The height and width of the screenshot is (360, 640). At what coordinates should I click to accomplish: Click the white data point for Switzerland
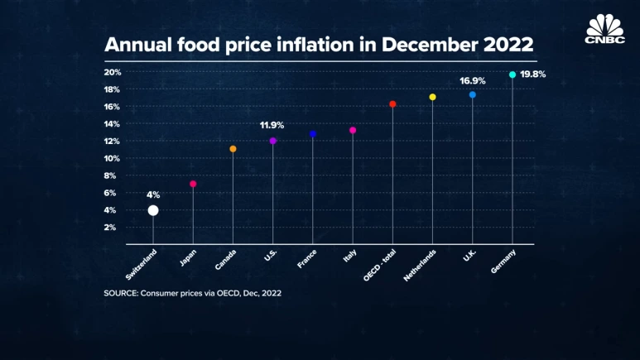tap(153, 210)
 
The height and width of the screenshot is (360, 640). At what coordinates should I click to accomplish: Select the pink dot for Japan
tap(193, 184)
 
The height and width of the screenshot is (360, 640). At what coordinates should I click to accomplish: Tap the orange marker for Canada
tap(233, 149)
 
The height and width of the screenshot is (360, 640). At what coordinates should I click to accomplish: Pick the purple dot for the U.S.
tap(273, 141)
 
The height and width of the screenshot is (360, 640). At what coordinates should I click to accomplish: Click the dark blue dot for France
tap(313, 133)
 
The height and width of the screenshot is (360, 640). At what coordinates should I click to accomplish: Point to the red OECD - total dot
tap(392, 104)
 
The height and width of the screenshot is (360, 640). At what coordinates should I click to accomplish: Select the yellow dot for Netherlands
tap(432, 97)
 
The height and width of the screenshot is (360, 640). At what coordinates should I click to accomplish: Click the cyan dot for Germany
tap(512, 74)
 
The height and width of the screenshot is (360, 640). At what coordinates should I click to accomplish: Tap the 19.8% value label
tap(532, 74)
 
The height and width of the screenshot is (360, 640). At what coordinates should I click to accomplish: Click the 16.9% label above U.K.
tap(473, 81)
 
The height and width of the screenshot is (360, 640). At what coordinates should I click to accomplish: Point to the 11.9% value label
tap(272, 125)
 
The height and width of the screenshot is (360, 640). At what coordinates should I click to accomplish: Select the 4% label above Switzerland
tap(153, 194)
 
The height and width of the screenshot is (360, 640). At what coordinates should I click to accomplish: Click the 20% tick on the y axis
tap(113, 72)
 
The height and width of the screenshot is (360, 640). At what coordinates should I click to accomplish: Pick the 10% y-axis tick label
tap(113, 158)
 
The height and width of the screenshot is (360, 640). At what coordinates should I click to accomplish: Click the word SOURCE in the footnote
tap(124, 293)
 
